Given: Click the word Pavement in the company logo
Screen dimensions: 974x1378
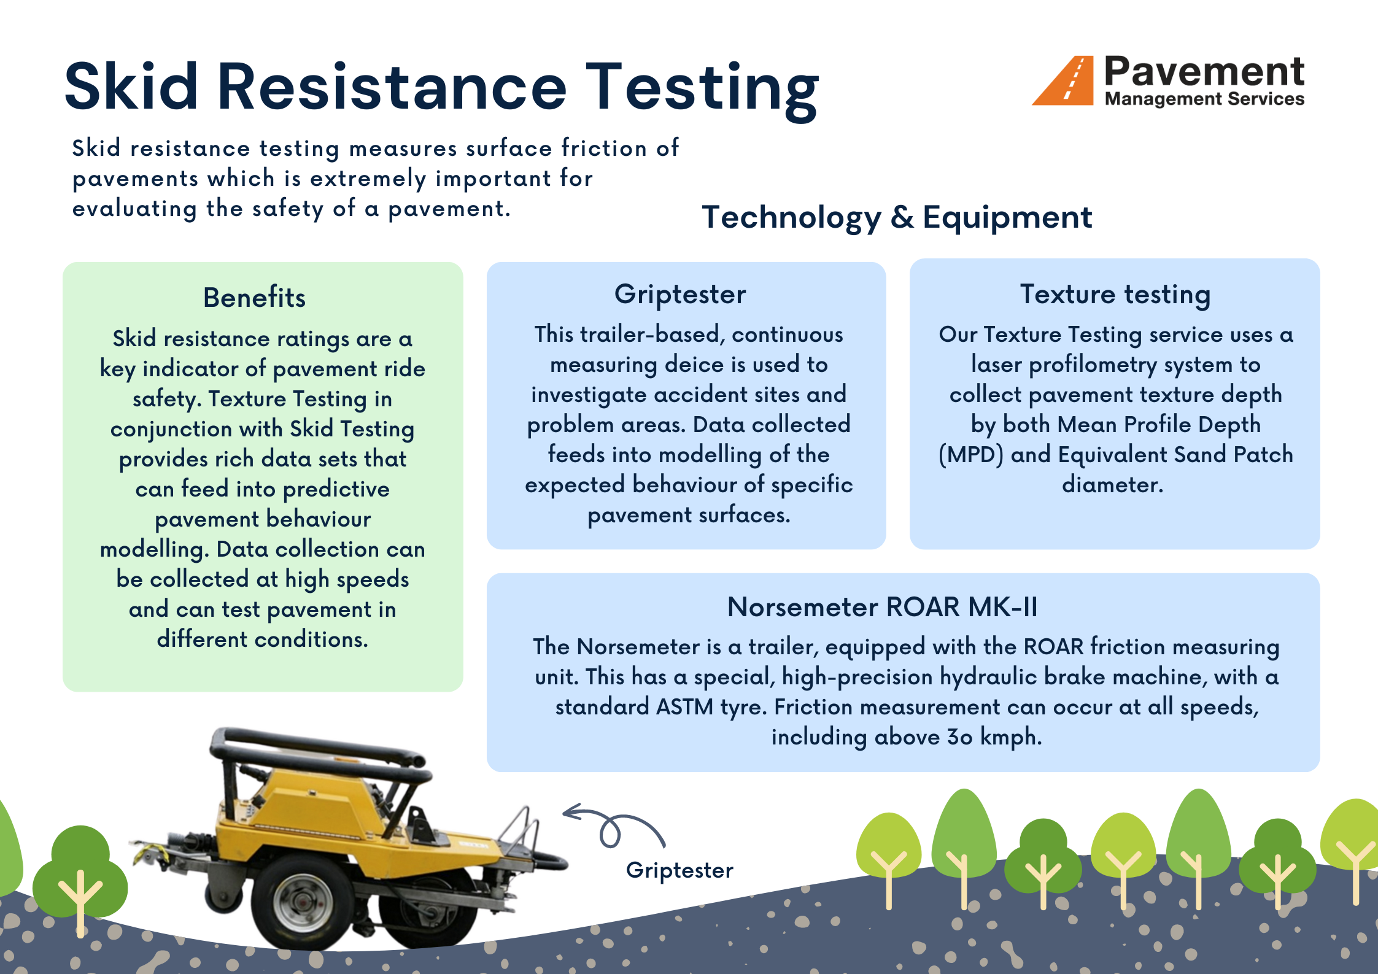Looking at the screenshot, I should (x=1204, y=72).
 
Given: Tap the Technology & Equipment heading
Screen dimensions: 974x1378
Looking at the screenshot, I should (x=897, y=217).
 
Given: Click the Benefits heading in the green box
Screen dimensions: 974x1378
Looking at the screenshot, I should (x=254, y=298).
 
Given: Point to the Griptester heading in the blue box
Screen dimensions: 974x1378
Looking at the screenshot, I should (x=680, y=295).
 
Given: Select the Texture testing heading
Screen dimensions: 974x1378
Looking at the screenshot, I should (x=1115, y=295).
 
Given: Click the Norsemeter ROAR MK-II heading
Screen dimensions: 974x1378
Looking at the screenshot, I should (x=882, y=607).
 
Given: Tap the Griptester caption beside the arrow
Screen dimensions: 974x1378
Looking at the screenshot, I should (x=679, y=870).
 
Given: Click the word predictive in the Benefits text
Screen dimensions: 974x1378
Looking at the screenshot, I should (x=336, y=489).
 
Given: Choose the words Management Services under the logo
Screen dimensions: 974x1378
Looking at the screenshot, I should (x=1204, y=99).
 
